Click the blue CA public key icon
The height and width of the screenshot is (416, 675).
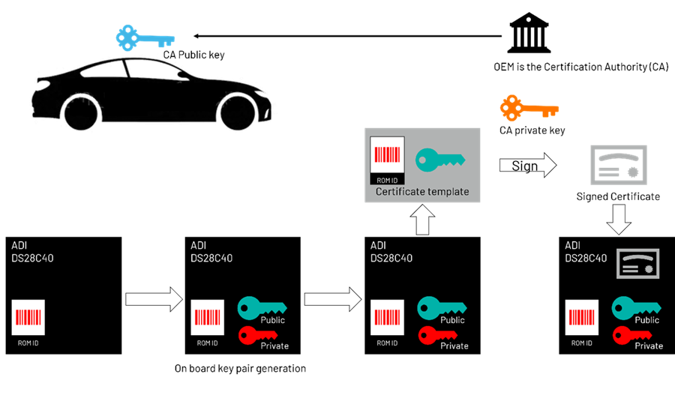[x=145, y=38]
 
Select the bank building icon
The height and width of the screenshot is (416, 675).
[x=529, y=32]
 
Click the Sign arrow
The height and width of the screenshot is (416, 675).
[x=528, y=165]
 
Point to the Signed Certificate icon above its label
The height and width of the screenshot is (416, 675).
[x=619, y=165]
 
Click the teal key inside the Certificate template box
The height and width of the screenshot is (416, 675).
[x=440, y=160]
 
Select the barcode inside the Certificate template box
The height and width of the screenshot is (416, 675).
[x=387, y=155]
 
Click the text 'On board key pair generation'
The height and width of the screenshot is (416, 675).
[x=240, y=368]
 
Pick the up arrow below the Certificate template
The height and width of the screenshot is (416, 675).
[x=422, y=220]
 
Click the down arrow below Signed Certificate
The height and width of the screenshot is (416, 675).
[x=619, y=220]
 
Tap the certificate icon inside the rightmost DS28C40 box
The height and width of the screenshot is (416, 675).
[x=637, y=263]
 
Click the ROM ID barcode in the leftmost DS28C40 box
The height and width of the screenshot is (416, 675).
[x=28, y=318]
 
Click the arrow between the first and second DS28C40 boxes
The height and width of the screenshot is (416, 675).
[x=154, y=299]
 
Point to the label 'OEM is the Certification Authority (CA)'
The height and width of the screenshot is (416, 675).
[x=580, y=67]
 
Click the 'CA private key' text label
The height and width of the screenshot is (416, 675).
[x=532, y=130]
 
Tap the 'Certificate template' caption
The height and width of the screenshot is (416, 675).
[x=422, y=192]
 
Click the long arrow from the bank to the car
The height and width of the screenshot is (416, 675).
[x=348, y=36]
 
